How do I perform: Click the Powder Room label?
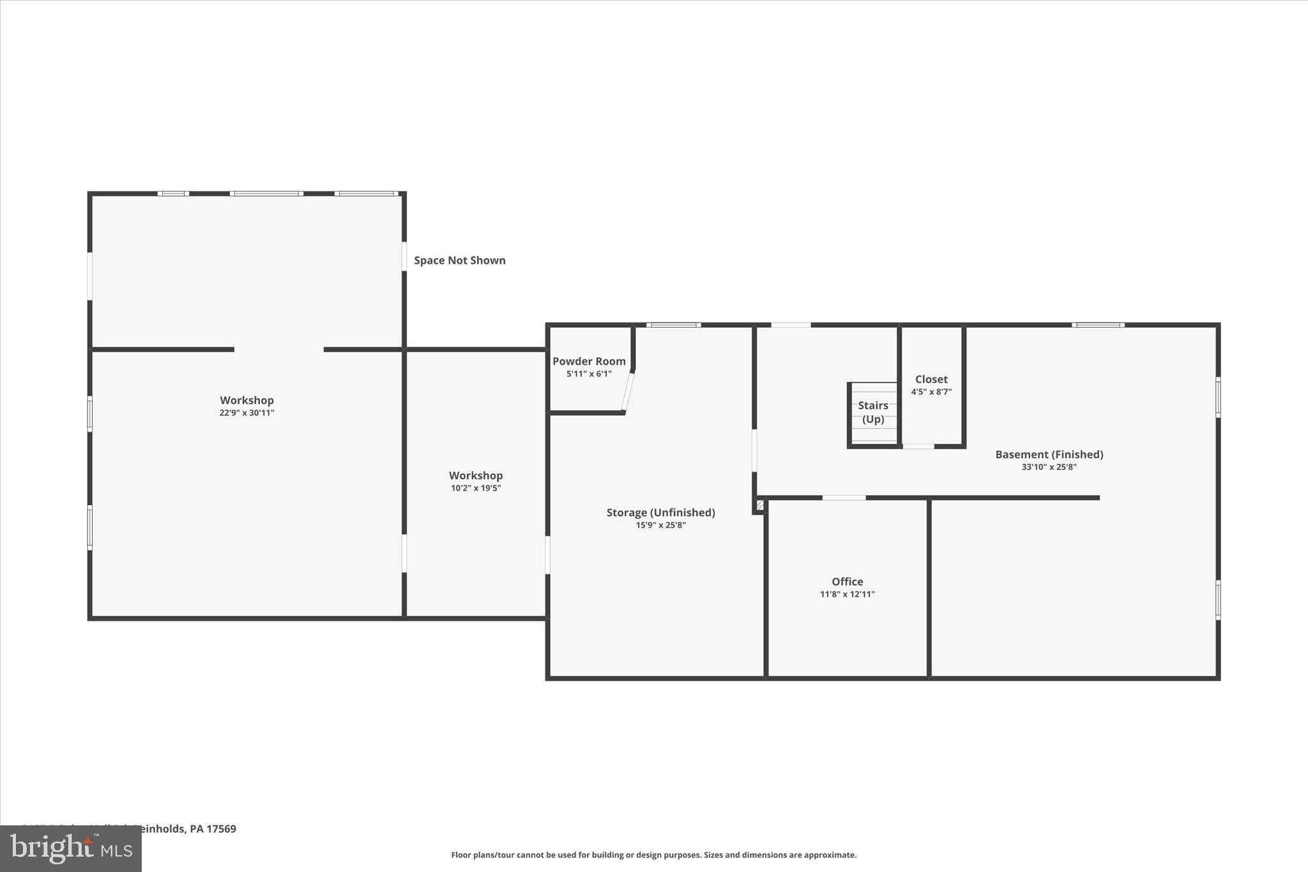(588, 361)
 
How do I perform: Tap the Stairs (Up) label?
(873, 412)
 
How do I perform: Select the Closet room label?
(931, 379)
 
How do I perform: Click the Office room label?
(847, 581)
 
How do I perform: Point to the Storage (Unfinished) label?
(660, 512)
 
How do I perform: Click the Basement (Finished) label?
(1049, 454)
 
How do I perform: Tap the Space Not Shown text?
(459, 260)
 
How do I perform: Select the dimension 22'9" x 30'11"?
(247, 413)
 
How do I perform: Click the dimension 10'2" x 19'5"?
(475, 488)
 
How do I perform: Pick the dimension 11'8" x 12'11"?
(847, 594)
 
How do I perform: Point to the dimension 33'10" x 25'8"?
(1049, 467)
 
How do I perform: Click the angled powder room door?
(628, 392)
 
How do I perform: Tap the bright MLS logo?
(71, 848)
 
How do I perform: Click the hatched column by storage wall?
(760, 505)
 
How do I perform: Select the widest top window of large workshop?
(266, 194)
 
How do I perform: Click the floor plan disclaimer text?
(653, 855)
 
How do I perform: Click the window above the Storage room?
(673, 325)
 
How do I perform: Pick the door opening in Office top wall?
(844, 498)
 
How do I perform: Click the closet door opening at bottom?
(918, 446)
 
